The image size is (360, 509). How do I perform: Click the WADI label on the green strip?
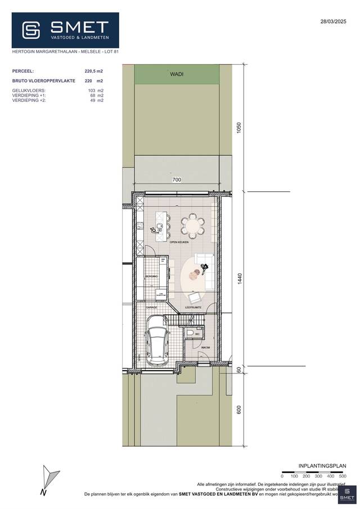tap(177, 74)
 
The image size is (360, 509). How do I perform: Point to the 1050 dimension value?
tap(239, 128)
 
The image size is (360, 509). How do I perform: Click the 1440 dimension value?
tap(239, 280)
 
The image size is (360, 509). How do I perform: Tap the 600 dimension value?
tap(239, 410)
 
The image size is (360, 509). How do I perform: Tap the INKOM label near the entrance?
tap(205, 348)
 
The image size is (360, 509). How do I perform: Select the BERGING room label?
tap(151, 277)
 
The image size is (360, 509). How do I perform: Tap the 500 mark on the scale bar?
tap(343, 476)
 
